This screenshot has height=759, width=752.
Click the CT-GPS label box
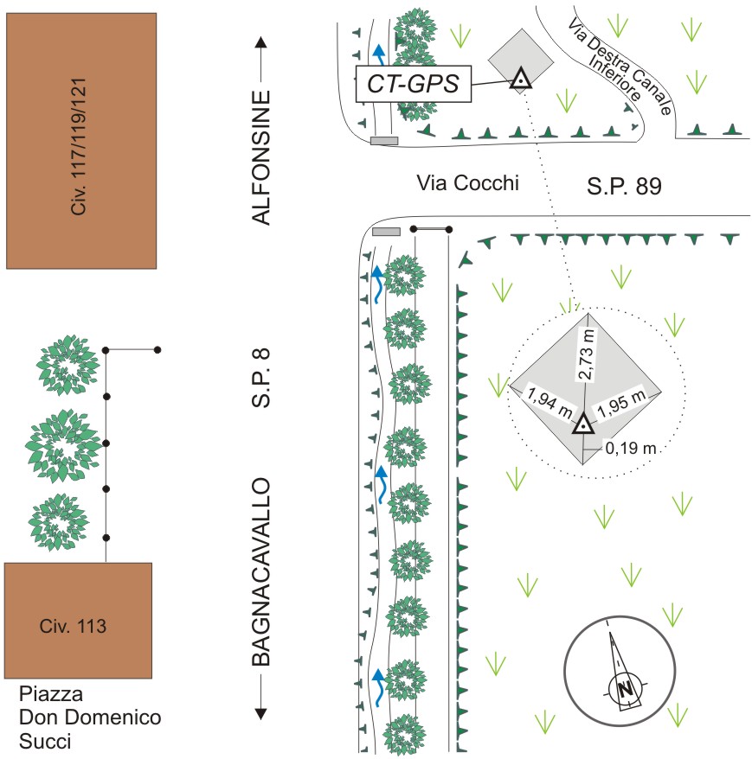tap(413, 84)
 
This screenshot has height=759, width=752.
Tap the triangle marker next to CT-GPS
tap(520, 80)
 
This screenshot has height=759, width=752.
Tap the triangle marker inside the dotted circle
tap(584, 424)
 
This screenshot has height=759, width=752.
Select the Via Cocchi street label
tap(466, 182)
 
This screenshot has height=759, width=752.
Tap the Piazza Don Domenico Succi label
tap(90, 718)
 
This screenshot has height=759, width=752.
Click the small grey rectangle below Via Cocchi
tap(386, 231)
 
